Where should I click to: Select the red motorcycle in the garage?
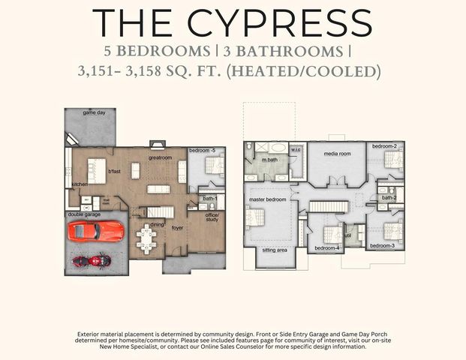click(91, 261)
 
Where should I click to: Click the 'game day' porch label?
click(94, 112)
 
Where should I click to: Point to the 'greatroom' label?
click(160, 158)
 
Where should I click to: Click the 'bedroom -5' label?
click(202, 150)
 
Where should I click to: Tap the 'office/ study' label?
click(212, 218)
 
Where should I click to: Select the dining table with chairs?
click(147, 240)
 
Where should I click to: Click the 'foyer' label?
click(177, 227)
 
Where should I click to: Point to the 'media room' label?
click(337, 154)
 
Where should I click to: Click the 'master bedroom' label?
click(267, 199)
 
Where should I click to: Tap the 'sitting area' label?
click(273, 250)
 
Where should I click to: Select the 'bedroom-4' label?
click(326, 247)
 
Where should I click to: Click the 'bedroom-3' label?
click(381, 245)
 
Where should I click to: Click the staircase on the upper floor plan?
click(327, 206)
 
